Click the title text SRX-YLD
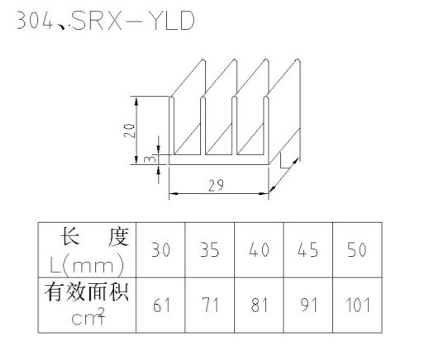pos(133,21)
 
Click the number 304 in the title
pos(35,21)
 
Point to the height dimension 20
pos(129,130)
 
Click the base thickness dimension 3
pos(150,159)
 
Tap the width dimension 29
pos(216,185)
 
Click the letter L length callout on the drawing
pos(284,161)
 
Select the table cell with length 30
pos(161,250)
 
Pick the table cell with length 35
pos(210,250)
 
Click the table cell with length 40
pos(259,250)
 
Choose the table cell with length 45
pos(308,250)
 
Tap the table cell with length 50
pos(357,250)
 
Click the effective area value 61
pos(162,306)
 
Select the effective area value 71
pos(211,306)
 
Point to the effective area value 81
pos(259,306)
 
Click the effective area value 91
pos(308,306)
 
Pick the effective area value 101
pos(358,306)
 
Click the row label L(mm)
pos(87,265)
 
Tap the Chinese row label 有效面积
pos(87,292)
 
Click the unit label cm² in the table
pos(88,316)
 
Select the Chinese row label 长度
pos(95,236)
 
